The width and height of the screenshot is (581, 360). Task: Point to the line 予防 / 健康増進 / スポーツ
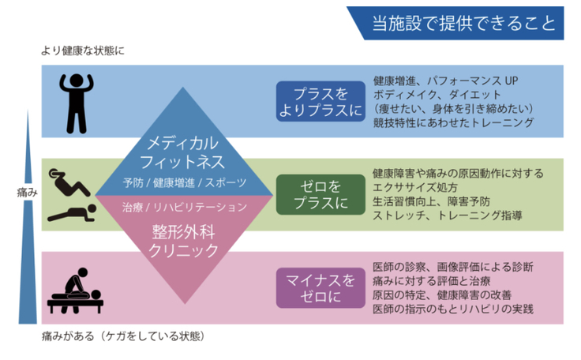click(184, 182)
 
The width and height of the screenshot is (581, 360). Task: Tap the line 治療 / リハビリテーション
click(184, 207)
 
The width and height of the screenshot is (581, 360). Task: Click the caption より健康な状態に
click(83, 51)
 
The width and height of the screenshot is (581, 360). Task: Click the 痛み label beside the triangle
click(26, 193)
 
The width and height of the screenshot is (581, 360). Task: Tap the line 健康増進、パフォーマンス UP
click(445, 81)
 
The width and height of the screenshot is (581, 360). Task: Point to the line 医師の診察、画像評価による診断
click(452, 266)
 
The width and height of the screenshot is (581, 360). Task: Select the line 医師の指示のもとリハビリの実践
click(452, 309)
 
